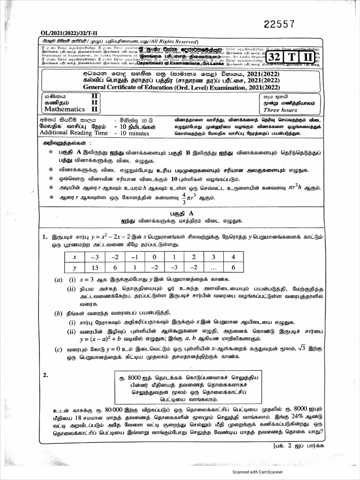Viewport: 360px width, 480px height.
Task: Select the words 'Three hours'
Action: (x=280, y=110)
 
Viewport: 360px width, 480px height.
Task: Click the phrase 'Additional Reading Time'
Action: (x=71, y=134)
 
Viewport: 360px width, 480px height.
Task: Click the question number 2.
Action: (x=45, y=375)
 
